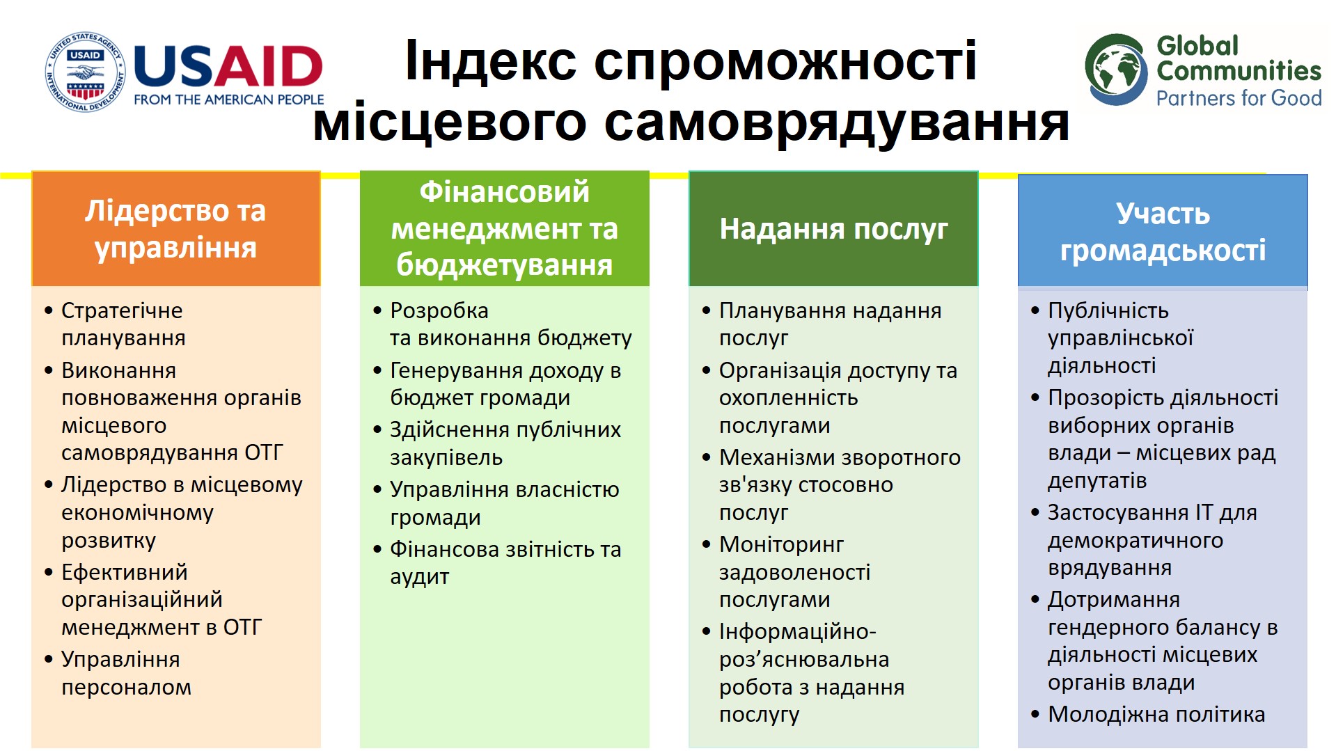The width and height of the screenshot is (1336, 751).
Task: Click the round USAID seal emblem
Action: [86, 72]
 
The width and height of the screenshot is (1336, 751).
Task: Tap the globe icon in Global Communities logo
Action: [1116, 70]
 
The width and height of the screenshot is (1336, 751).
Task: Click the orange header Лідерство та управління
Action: [175, 228]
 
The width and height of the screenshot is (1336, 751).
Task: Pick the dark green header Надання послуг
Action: [833, 228]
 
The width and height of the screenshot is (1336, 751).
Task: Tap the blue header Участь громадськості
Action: [1163, 231]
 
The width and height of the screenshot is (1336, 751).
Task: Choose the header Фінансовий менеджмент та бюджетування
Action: [504, 228]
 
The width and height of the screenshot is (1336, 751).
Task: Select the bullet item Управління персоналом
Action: [118, 673]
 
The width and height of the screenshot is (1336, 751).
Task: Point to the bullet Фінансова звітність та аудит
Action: [498, 563]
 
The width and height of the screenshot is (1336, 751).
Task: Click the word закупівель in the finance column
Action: [446, 458]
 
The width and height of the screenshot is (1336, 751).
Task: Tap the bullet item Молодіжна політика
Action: [1148, 714]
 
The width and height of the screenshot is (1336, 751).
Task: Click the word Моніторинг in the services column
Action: [781, 544]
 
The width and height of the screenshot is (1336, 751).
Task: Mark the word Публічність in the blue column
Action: [1108, 310]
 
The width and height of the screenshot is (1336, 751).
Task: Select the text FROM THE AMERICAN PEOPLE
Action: [229, 100]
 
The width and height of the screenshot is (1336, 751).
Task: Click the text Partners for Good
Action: [1239, 98]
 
